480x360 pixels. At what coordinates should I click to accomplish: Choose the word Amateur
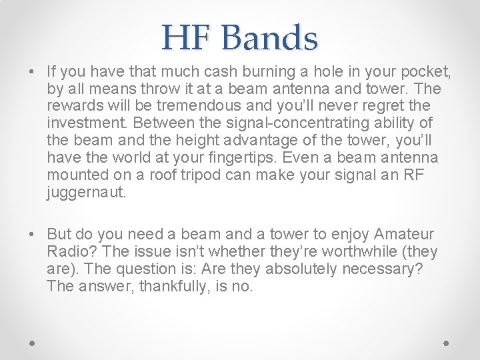(404, 235)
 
